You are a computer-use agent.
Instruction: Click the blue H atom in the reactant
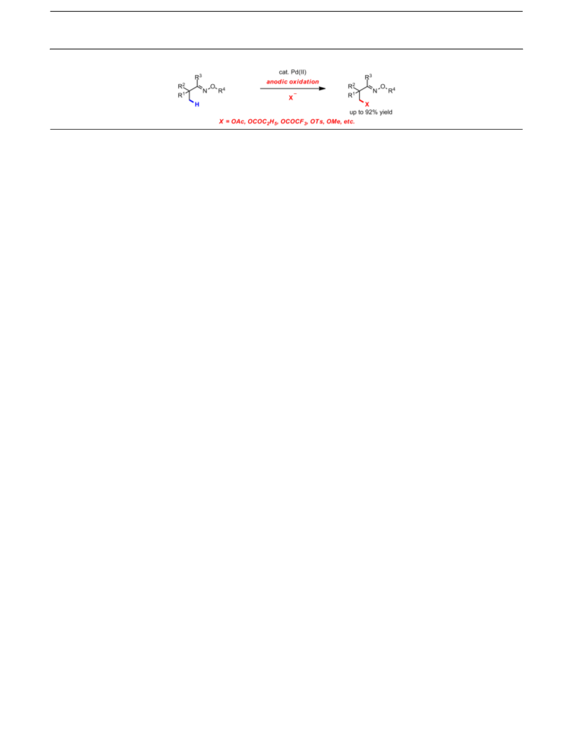click(197, 104)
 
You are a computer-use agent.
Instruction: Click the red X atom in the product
click(367, 104)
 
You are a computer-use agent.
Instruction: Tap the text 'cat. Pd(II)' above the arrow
click(292, 71)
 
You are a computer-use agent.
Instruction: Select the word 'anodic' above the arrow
click(277, 82)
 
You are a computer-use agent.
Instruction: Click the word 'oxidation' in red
click(304, 82)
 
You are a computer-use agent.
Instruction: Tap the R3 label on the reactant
click(198, 76)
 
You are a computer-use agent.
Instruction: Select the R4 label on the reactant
click(222, 90)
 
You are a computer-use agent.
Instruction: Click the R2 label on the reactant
click(182, 86)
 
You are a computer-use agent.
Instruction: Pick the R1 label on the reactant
click(182, 95)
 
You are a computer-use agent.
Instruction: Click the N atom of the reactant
click(205, 91)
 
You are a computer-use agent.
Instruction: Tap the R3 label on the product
click(368, 76)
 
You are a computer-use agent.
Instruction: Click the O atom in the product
click(383, 86)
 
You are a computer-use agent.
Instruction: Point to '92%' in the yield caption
click(372, 112)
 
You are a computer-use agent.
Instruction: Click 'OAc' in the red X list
click(238, 122)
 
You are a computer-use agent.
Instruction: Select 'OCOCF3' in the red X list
click(294, 122)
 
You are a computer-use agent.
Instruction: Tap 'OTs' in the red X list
click(317, 122)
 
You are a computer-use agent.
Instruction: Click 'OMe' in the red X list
click(334, 122)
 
